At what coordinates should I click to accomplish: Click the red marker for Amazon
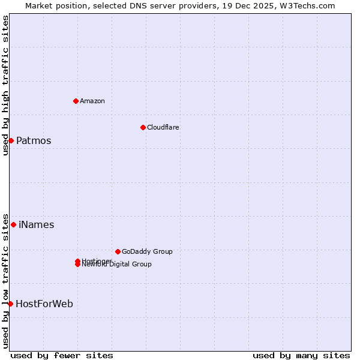click(76, 101)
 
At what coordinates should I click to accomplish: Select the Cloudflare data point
click(143, 127)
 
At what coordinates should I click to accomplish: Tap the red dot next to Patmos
click(11, 140)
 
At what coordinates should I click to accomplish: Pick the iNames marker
click(13, 224)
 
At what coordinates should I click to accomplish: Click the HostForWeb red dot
click(10, 304)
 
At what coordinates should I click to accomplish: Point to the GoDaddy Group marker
click(118, 251)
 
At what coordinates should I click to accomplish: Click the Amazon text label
click(92, 101)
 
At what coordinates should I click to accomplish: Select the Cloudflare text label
click(163, 127)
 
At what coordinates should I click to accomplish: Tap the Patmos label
click(34, 141)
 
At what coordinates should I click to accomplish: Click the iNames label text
click(36, 225)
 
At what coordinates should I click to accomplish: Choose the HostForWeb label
click(44, 304)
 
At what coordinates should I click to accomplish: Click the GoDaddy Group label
click(147, 251)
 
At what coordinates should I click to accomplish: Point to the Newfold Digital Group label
click(116, 265)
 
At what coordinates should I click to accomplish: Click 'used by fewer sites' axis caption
click(62, 355)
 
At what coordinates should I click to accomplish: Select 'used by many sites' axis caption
click(301, 355)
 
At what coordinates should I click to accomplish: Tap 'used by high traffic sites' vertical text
click(5, 85)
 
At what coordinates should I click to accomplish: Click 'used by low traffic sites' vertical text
click(5, 280)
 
